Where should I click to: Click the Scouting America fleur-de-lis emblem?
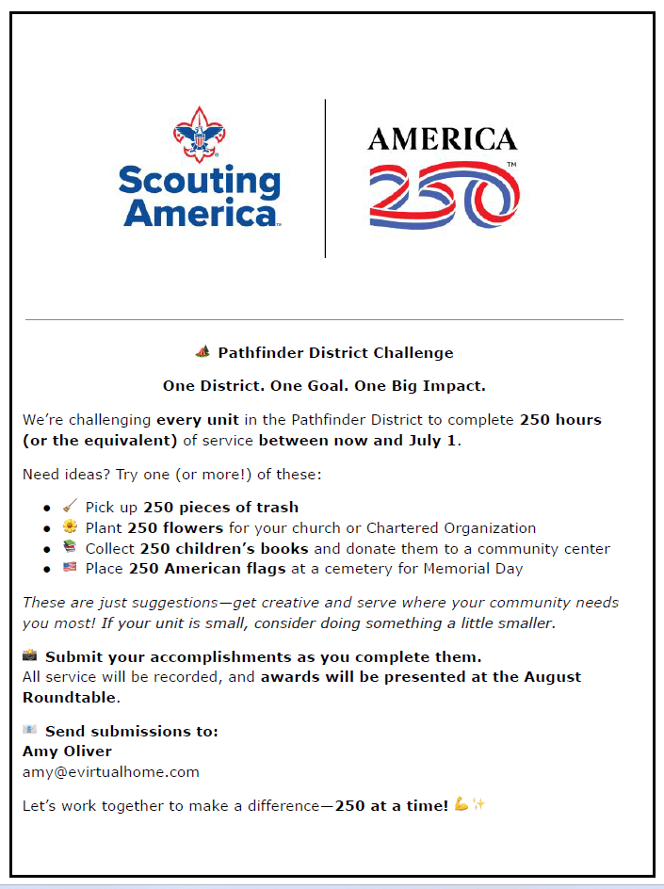coord(199,134)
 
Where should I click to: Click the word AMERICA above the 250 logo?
coord(442,139)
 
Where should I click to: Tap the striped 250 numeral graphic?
coord(444,196)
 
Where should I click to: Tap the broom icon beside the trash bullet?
coord(70,507)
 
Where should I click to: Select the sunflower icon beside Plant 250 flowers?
coord(70,527)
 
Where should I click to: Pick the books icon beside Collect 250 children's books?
coord(70,548)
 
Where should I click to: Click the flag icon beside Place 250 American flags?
coord(70,569)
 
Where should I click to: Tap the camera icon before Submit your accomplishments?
coord(30,656)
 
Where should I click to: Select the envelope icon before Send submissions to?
coord(30,731)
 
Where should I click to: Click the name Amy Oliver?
coord(67,752)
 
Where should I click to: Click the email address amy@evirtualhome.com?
coord(111,772)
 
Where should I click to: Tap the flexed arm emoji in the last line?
coord(461,805)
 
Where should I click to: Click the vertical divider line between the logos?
coord(325,179)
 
